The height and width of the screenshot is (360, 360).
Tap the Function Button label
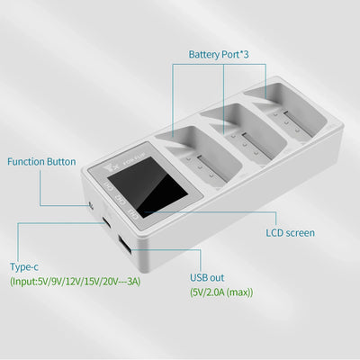(x=41, y=163)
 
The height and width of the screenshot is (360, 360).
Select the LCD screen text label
(x=290, y=233)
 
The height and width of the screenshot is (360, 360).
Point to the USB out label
(x=209, y=279)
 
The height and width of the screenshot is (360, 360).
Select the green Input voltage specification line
(x=76, y=282)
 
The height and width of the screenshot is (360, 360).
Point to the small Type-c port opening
(x=106, y=221)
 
